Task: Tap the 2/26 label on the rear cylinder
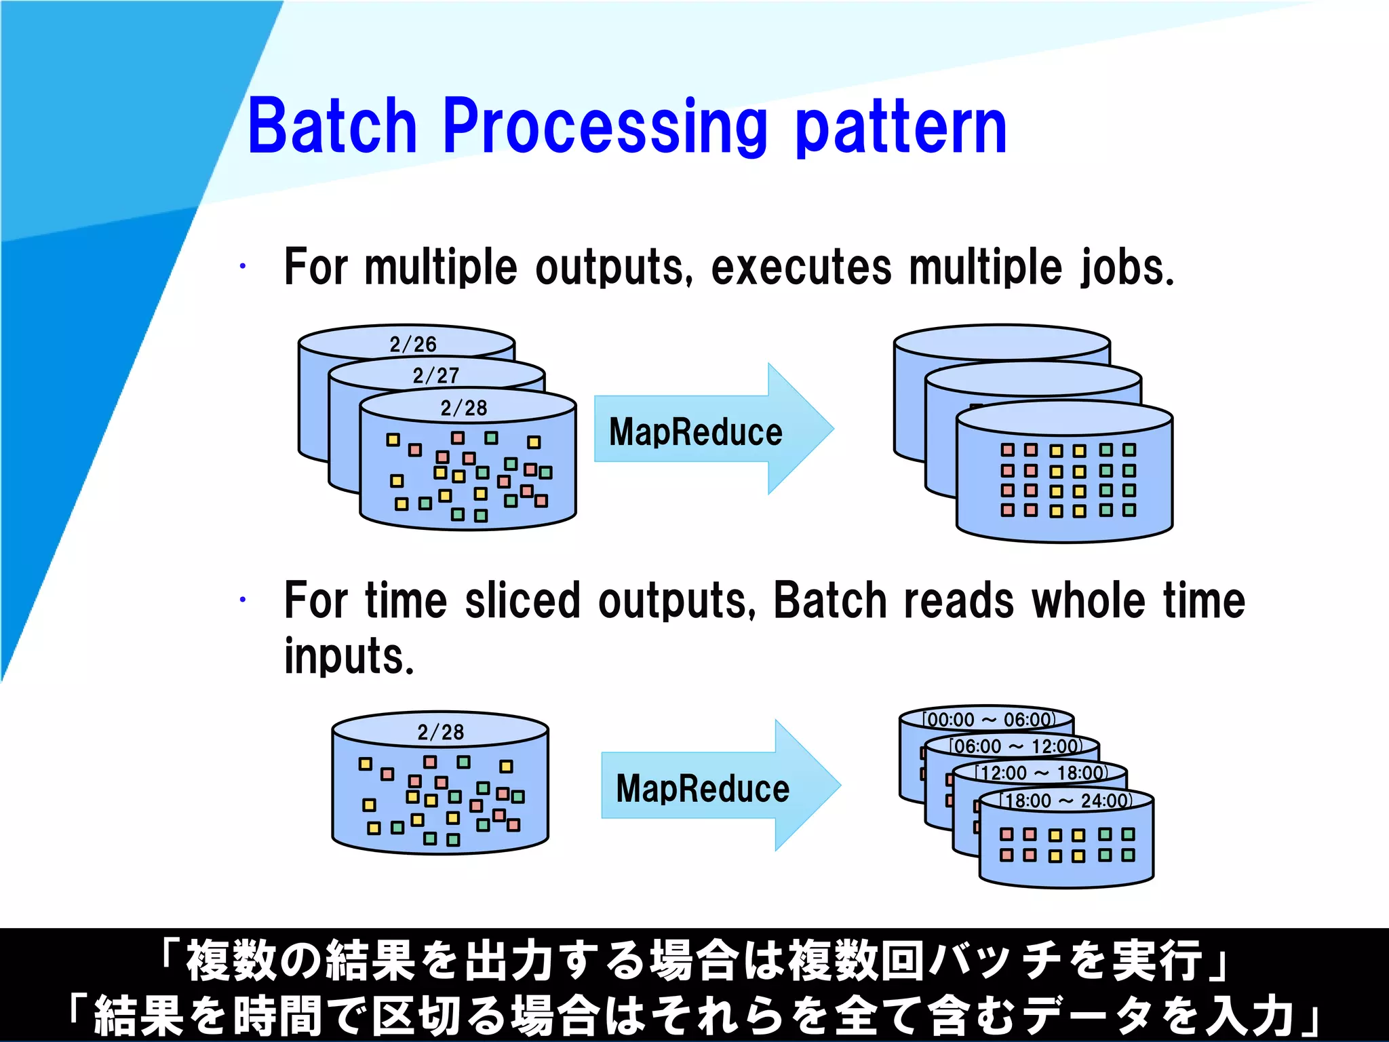(412, 344)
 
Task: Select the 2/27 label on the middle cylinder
(435, 375)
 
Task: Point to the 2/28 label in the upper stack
(463, 408)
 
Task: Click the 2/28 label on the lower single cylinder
(440, 732)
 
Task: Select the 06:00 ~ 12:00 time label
(1015, 746)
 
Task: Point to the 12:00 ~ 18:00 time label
(1041, 773)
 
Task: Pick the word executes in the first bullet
(800, 267)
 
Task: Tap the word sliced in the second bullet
(522, 600)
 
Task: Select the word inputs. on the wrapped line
(349, 656)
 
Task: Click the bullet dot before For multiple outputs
(242, 267)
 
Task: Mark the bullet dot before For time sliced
(242, 600)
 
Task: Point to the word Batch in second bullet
(829, 600)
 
